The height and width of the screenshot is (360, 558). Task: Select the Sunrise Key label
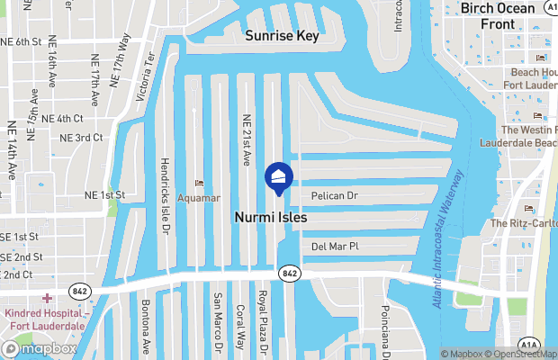[283, 36]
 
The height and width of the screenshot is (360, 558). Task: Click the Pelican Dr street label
[335, 195]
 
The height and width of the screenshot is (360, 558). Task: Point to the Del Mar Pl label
[335, 246]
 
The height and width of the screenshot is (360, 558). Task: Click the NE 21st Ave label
[246, 141]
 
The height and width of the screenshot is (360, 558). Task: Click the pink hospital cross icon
[47, 298]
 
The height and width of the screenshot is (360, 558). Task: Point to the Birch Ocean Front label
[498, 15]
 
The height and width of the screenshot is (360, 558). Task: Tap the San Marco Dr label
[217, 322]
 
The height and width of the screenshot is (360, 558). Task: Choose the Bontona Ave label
[145, 326]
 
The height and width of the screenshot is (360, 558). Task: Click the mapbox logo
[40, 348]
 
